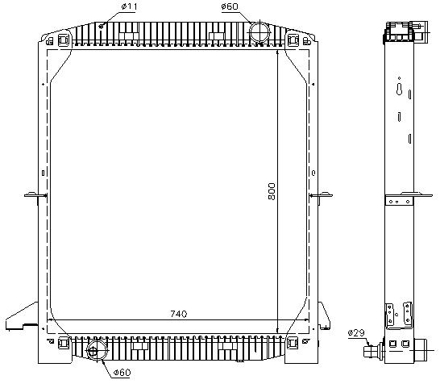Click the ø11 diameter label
point(129,6)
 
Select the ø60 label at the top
point(230,6)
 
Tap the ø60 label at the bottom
point(122,373)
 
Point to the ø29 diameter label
point(356,333)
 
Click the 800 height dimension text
point(272,191)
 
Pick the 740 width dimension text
point(179,314)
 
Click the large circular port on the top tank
point(259,32)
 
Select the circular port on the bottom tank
point(97,350)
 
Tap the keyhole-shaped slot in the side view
point(400,89)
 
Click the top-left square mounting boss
point(64,40)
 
